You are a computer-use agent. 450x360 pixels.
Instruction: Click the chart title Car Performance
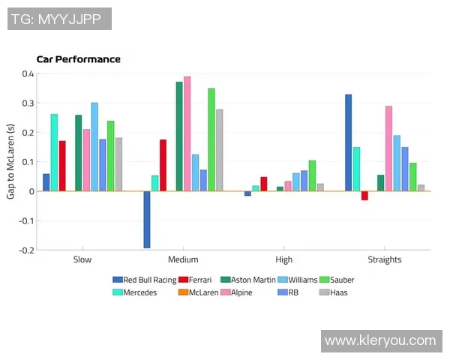(78, 59)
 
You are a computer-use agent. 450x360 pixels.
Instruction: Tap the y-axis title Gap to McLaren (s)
(10, 161)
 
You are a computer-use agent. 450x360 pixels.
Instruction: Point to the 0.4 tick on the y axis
(28, 73)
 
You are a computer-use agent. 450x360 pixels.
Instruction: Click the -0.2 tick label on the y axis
(26, 250)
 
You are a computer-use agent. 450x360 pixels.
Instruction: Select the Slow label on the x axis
(82, 259)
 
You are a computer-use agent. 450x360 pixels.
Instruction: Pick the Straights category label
(385, 259)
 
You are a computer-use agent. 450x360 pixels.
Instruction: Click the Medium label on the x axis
(183, 259)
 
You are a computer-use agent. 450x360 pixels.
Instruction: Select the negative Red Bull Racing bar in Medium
(147, 219)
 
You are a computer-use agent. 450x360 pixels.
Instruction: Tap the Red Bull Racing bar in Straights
(349, 142)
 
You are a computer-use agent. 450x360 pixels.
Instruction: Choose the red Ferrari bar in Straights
(364, 196)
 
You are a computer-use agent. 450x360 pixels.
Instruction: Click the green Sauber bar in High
(312, 175)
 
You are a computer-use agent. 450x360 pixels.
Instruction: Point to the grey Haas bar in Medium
(220, 150)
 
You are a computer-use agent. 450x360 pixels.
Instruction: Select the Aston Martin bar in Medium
(179, 136)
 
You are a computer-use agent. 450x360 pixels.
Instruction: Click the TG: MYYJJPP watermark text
(59, 18)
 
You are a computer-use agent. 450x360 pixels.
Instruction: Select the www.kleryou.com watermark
(380, 340)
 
